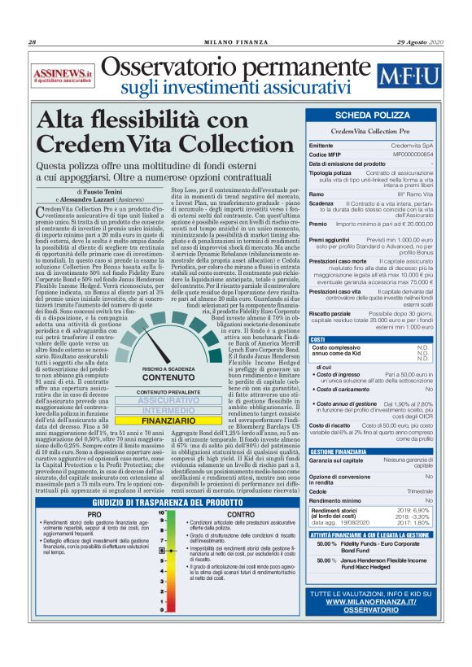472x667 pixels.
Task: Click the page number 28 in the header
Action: coord(33,42)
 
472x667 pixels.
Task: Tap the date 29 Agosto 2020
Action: coord(421,42)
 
